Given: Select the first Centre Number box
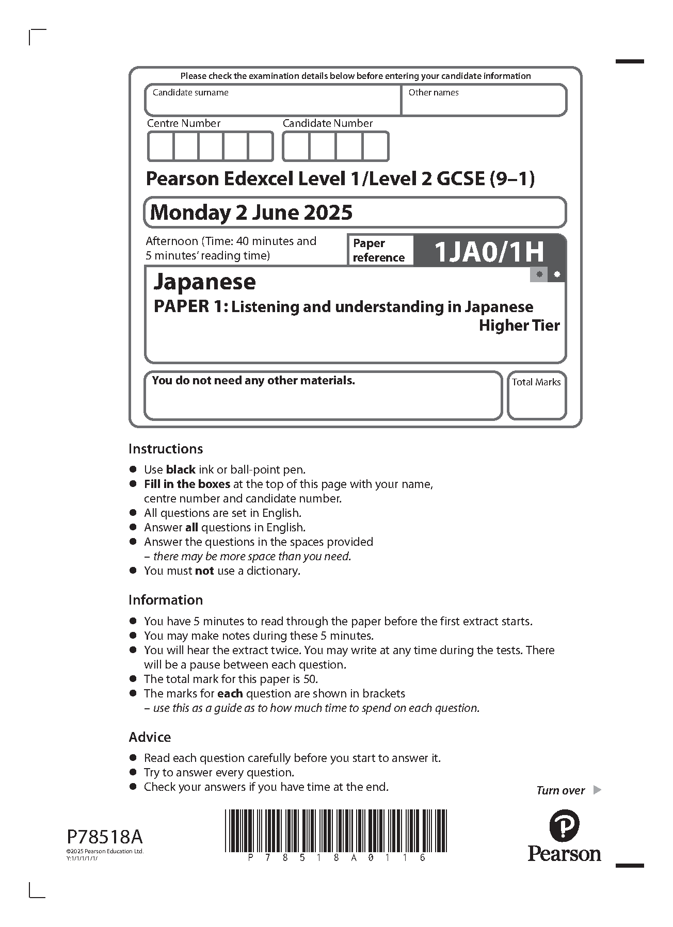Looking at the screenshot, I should coord(160,147).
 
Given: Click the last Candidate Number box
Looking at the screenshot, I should coord(375,147).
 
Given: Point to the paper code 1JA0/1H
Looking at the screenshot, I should coord(489,252).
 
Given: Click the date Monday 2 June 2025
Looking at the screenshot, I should coord(251,213).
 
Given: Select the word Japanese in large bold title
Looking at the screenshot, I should coord(205,282).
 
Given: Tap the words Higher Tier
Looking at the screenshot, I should coord(519,326).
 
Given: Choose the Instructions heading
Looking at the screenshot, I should coord(166,449).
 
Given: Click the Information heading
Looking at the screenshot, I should coord(166,600).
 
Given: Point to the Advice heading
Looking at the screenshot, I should coord(150,737).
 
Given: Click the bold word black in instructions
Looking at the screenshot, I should coord(181,470).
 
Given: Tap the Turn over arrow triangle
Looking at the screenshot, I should coord(597,790).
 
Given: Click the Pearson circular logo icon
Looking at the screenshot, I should coord(564,825).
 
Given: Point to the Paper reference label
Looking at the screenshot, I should coord(378,251).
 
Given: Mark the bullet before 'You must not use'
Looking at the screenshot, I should coord(133,571).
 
